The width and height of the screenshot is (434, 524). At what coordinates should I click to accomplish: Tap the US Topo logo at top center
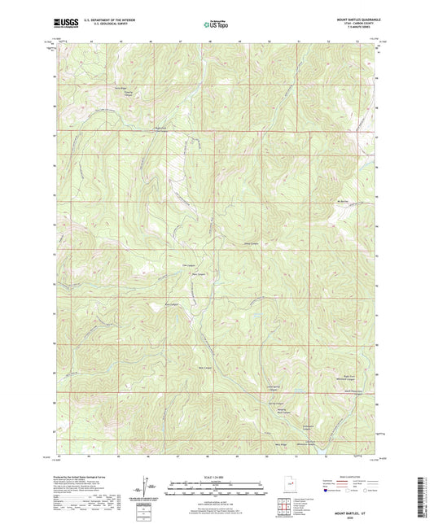point(217,25)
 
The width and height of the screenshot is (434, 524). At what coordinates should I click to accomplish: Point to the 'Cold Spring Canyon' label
point(274,390)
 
